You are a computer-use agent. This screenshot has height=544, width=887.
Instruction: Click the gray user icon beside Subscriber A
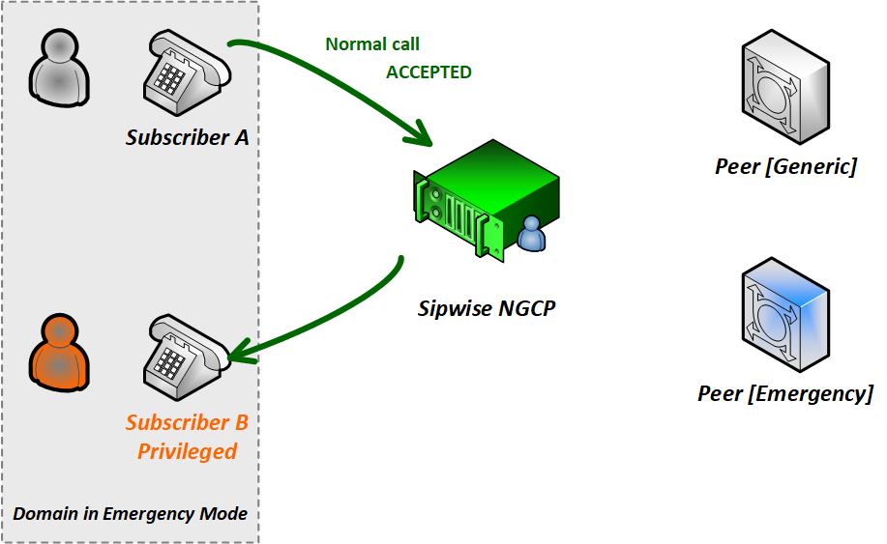click(59, 66)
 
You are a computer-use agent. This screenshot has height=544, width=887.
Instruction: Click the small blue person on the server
click(531, 235)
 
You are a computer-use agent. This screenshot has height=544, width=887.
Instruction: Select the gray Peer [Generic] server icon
click(784, 92)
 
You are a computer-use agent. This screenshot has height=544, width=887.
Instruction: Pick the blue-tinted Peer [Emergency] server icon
click(785, 313)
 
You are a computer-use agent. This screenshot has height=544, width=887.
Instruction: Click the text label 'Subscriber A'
click(188, 137)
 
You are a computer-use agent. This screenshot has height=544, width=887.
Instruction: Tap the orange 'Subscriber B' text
click(188, 422)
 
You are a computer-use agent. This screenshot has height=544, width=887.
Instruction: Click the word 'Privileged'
click(188, 451)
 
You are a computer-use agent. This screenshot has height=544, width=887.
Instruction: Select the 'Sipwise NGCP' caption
click(488, 309)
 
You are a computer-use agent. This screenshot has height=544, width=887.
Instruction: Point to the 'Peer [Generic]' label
click(785, 167)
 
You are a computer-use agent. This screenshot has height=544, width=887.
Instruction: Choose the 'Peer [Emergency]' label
click(785, 393)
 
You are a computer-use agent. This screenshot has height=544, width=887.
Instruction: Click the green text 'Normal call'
click(372, 44)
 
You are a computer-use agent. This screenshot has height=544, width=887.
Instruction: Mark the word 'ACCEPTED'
click(429, 72)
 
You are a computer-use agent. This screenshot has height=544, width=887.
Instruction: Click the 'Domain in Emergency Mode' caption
click(131, 514)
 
